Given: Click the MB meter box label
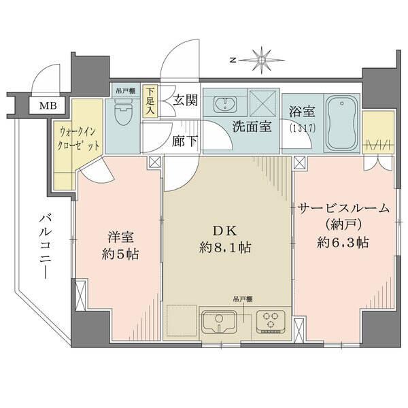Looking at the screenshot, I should (x=48, y=105).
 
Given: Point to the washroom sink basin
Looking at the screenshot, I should (x=224, y=104).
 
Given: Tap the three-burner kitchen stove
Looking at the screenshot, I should (x=274, y=319).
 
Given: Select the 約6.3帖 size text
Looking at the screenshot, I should (x=344, y=242).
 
